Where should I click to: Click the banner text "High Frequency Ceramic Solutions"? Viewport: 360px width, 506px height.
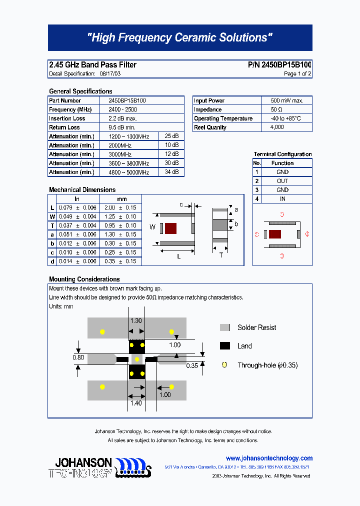coord(179,38)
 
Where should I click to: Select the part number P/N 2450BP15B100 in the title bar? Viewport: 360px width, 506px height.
coord(279,64)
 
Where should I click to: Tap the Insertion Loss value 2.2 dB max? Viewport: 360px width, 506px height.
coord(122,118)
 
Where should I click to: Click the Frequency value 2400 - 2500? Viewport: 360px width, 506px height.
coord(122,109)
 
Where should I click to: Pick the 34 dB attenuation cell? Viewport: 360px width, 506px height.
coord(171,172)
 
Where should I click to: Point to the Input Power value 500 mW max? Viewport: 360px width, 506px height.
coord(287,100)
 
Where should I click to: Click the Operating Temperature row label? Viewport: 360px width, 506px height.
coord(223,118)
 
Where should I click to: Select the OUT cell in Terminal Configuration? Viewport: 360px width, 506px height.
coord(282,181)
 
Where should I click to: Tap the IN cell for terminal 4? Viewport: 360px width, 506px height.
coord(282,199)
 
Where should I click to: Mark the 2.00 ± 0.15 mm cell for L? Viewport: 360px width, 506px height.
coord(120,207)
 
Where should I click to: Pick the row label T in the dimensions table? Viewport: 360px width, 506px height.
coord(52,225)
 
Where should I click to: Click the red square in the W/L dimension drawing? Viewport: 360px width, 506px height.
coord(171,228)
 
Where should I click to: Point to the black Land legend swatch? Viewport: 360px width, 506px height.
coord(225,346)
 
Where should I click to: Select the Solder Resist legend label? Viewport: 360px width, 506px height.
coord(256,327)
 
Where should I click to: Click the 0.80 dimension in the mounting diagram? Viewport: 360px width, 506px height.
coord(78,357)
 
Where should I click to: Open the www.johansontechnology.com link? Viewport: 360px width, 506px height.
coord(269,458)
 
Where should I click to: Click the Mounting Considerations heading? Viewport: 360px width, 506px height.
coord(84,279)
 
